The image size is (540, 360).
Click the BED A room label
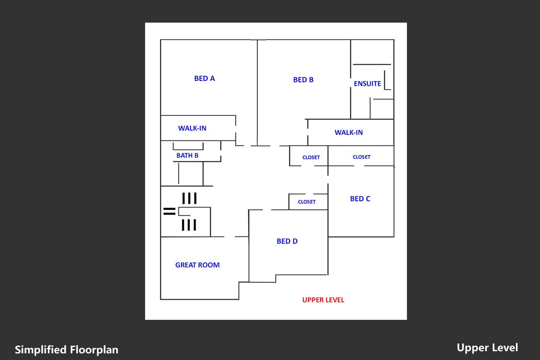205,78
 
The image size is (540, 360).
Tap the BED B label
303,80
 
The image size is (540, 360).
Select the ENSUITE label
367,83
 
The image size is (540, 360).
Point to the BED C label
360,199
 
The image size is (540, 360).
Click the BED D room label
287,241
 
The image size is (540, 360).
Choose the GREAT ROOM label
197,265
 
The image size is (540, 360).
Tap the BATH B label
187,155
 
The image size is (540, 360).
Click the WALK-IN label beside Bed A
192,128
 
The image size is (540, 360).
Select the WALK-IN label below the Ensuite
349,132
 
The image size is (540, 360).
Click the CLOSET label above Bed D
307,202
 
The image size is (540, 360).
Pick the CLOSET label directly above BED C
361,157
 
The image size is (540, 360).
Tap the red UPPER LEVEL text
323,300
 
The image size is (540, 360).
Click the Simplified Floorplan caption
66,350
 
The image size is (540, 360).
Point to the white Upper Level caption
487,348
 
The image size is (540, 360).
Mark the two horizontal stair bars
169,211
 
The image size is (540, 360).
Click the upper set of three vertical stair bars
189,198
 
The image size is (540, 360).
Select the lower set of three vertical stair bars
189,225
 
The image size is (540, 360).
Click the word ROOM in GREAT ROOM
209,265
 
